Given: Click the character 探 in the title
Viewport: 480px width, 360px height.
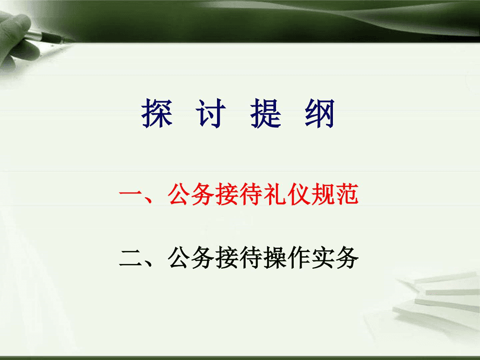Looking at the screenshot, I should coord(157,112).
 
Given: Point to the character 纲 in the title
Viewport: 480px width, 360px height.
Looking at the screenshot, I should coord(319,112).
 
